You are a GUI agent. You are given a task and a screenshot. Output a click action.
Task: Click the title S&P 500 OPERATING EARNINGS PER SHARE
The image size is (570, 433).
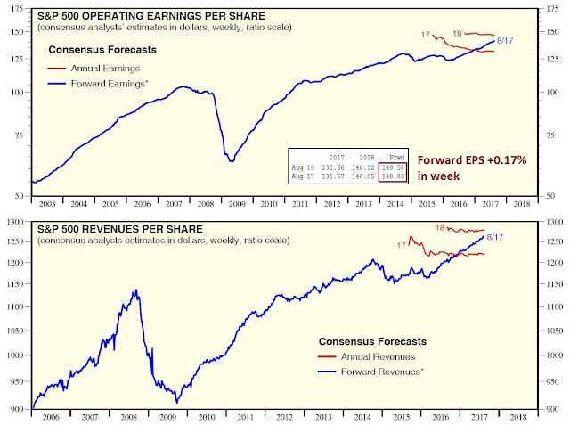tap(147, 15)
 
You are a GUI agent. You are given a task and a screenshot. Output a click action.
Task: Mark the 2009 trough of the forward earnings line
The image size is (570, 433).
tap(231, 160)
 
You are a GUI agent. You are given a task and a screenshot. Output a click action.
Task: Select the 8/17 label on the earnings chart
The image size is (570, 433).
tap(508, 41)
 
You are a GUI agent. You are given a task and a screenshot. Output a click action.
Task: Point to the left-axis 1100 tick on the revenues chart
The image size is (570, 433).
tap(17, 306)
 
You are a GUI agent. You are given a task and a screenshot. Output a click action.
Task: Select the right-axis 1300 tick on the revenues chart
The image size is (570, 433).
tap(553, 222)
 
